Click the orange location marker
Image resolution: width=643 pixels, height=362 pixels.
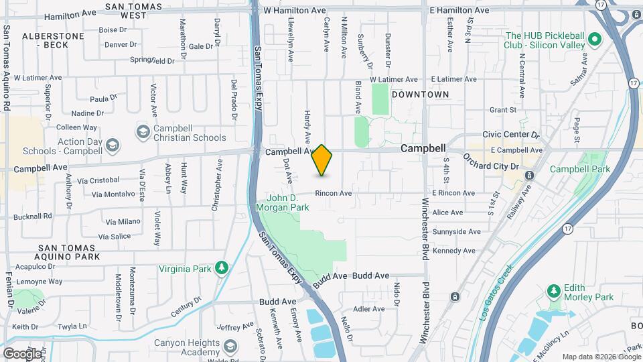322,160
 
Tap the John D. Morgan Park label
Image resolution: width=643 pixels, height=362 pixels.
288,202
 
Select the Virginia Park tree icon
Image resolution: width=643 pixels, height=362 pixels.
221,269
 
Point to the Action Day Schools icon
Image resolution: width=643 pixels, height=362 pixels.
113,145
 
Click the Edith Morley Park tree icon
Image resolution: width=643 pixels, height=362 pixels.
553,292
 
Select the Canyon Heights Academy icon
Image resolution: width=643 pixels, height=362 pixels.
230,347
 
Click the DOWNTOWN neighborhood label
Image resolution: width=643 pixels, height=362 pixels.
420,95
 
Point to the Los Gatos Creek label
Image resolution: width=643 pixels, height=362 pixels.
496,291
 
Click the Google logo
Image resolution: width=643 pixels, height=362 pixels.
21,353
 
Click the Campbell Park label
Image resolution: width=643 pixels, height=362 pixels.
580,169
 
